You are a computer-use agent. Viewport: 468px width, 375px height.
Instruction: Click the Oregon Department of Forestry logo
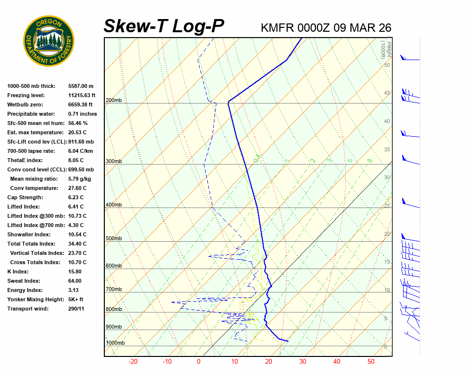[49, 41]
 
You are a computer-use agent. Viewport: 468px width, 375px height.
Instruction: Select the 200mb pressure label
[114, 101]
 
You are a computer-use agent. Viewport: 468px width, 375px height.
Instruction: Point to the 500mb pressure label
[114, 239]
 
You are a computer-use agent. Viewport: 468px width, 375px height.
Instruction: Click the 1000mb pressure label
[116, 343]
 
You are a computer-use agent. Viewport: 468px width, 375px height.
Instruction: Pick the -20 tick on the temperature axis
[133, 362]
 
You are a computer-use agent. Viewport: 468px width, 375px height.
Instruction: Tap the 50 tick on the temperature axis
[371, 362]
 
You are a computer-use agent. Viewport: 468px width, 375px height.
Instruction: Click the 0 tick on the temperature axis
[198, 362]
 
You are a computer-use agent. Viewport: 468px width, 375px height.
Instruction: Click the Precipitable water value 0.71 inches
[82, 114]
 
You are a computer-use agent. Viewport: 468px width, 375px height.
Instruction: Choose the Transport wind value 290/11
[77, 309]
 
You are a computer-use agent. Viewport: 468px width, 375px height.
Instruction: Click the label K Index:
[19, 271]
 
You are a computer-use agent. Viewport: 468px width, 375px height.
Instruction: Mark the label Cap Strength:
[25, 197]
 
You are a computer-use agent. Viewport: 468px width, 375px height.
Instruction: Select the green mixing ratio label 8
[370, 160]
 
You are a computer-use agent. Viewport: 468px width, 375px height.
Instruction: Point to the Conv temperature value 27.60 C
[77, 188]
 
